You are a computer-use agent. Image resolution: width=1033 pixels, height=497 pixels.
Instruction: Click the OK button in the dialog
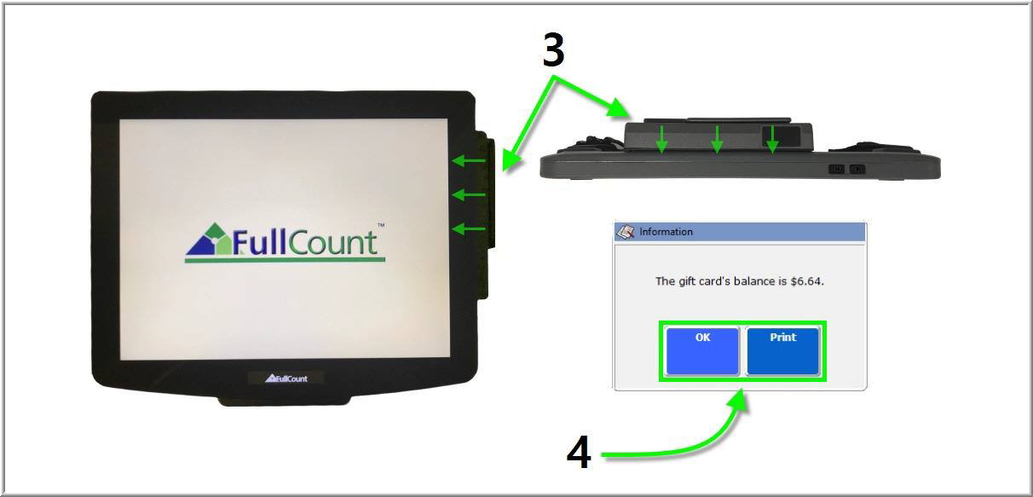coord(702,351)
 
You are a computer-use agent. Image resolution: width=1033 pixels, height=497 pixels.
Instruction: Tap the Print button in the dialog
coord(783,351)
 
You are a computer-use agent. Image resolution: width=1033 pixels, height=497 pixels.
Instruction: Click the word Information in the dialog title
coord(666,232)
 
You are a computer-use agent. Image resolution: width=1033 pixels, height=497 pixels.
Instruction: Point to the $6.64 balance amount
coord(807,281)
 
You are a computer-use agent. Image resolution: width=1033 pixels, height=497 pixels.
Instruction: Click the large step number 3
coord(553,50)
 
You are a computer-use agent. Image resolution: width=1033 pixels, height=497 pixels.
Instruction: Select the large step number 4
coord(579,452)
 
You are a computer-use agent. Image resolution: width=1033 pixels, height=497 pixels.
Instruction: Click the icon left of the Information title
coord(626,232)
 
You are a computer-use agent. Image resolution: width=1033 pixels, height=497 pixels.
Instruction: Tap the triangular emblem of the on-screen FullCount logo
coord(209,239)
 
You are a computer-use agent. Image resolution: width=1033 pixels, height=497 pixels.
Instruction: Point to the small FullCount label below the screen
coord(286,379)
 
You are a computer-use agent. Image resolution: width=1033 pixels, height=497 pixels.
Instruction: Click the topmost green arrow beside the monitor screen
coord(468,160)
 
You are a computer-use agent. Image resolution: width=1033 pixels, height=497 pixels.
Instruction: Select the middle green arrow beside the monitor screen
coord(468,194)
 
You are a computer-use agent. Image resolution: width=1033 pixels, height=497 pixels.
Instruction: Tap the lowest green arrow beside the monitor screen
coord(468,228)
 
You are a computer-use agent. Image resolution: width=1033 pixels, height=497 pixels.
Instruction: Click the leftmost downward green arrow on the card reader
coord(661,139)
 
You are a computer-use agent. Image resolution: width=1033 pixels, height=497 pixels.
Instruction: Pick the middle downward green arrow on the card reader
coord(717,139)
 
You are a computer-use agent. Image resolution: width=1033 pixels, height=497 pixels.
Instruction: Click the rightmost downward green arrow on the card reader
coord(772,139)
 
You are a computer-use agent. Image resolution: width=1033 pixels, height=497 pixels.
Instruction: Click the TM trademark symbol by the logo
coord(381,225)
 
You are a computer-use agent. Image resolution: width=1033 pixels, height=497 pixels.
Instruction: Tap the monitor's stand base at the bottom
coord(284,400)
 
